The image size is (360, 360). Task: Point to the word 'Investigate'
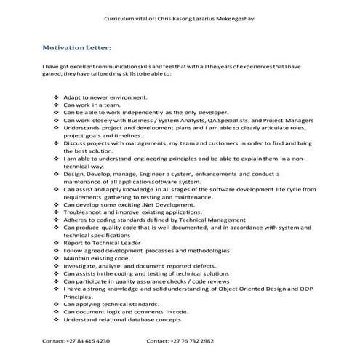coord(81,265)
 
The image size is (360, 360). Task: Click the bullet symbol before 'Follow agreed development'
coord(57,250)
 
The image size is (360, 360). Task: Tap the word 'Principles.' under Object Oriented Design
coord(79,296)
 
